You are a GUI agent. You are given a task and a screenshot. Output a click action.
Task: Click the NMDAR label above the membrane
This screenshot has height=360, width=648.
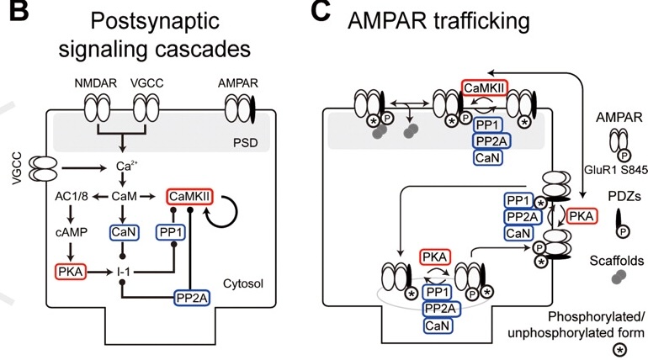[x=95, y=83]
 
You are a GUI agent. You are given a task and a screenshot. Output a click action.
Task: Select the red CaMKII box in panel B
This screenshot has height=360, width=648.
[x=189, y=197]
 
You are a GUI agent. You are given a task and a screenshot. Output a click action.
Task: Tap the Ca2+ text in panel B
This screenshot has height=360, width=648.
[x=126, y=166]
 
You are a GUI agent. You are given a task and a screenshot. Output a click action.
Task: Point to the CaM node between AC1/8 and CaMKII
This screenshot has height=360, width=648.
[x=124, y=197]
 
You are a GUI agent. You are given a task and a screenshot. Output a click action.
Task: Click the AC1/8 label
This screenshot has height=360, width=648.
[x=71, y=197]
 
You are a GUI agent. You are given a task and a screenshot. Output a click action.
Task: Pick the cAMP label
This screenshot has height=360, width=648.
[x=71, y=232]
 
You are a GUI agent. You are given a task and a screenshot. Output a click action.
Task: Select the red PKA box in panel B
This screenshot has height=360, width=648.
[x=71, y=272]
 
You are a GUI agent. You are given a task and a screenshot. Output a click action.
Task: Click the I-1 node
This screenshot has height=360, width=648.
[x=124, y=272]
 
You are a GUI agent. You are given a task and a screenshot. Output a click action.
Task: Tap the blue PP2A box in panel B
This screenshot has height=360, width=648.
[x=192, y=298]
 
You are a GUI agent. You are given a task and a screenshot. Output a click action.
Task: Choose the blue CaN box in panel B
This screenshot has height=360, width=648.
[x=124, y=232]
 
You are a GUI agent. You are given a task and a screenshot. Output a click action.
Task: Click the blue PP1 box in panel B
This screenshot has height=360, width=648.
[x=171, y=232]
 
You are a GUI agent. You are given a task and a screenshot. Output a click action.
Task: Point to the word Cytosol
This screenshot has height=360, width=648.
[x=243, y=283]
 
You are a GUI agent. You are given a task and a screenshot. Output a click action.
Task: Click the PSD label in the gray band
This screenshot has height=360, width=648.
[x=246, y=143]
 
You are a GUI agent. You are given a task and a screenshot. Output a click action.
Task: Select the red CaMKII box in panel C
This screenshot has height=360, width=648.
[x=485, y=88]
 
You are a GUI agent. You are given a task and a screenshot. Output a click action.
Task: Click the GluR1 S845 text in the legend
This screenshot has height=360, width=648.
[x=615, y=169]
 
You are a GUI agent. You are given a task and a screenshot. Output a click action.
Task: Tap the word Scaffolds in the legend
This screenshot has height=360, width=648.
[x=617, y=261]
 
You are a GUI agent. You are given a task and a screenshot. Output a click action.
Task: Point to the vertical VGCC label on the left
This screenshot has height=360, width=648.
[x=17, y=169]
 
